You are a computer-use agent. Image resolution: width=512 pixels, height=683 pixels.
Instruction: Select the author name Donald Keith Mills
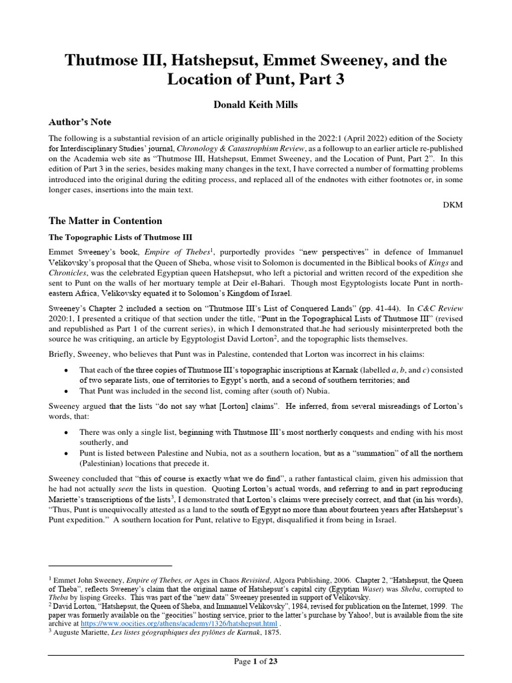255,105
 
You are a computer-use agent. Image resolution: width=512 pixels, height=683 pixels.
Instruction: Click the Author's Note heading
79,122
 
